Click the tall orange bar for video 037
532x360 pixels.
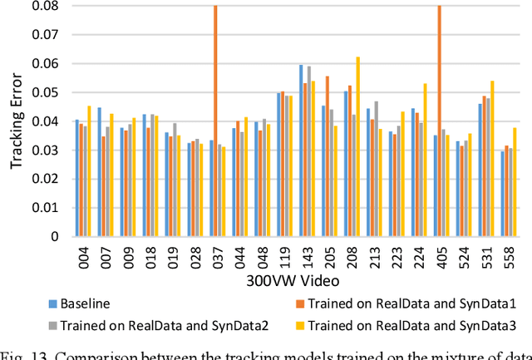(215, 121)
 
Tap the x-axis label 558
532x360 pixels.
(508, 262)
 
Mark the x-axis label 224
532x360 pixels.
(419, 262)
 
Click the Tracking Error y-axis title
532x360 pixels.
(17, 121)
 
